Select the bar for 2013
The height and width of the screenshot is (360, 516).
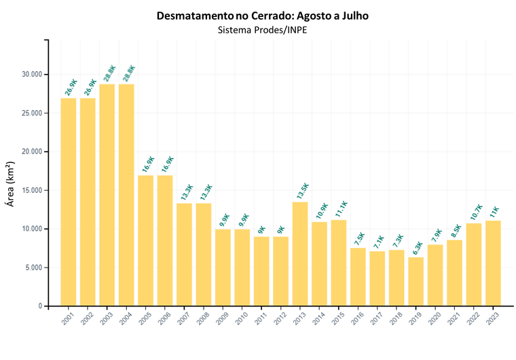[x=300, y=254]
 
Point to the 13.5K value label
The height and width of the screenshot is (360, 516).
[x=301, y=191]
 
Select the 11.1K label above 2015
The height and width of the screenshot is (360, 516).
[x=339, y=209]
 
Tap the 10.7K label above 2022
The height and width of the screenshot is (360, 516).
[x=475, y=212]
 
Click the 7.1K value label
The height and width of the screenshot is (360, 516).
[x=378, y=240]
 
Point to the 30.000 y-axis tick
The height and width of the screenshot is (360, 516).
[x=31, y=74]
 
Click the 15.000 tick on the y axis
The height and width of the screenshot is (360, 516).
[x=31, y=190]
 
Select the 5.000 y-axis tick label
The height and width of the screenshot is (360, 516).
[x=33, y=268]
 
